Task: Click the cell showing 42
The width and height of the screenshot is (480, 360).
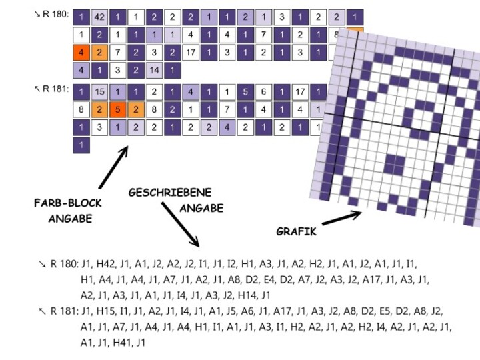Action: click(x=99, y=17)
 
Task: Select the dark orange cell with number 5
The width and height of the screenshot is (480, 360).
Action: click(x=117, y=109)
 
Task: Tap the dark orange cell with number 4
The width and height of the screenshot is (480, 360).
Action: click(x=81, y=51)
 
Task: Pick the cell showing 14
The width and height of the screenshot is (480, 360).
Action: click(x=154, y=69)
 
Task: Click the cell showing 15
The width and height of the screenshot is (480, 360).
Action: click(x=99, y=92)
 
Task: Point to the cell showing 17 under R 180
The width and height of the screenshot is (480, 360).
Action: click(x=190, y=51)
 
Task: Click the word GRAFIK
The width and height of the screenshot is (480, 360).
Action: click(x=296, y=231)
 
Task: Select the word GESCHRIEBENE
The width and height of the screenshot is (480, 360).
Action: click(x=170, y=193)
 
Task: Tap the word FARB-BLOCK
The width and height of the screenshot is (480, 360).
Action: click(x=67, y=203)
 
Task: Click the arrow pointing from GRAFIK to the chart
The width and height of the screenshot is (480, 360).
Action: click(x=341, y=218)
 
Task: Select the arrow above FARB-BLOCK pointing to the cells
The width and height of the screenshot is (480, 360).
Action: click(x=113, y=167)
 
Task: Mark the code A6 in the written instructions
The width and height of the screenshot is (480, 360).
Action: click(x=247, y=311)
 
